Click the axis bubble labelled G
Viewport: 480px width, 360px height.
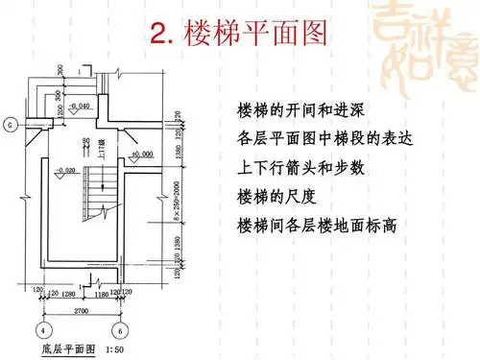pos(11,124)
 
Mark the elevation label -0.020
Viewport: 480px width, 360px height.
pos(39,171)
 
